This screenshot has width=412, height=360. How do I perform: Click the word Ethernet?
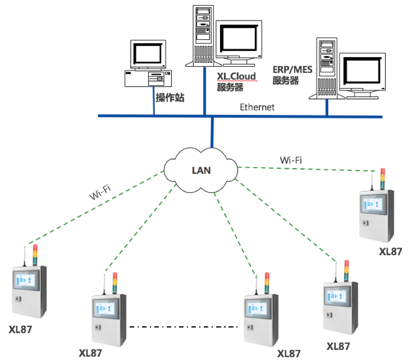tap(257, 107)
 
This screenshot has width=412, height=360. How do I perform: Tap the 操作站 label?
tap(170, 98)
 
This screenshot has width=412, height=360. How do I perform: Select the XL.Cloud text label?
tap(237, 76)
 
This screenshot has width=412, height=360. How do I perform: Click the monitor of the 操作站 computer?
tap(148, 54)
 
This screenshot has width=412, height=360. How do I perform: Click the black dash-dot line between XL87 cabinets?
tap(183, 327)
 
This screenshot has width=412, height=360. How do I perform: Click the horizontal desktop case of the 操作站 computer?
tap(149, 79)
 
